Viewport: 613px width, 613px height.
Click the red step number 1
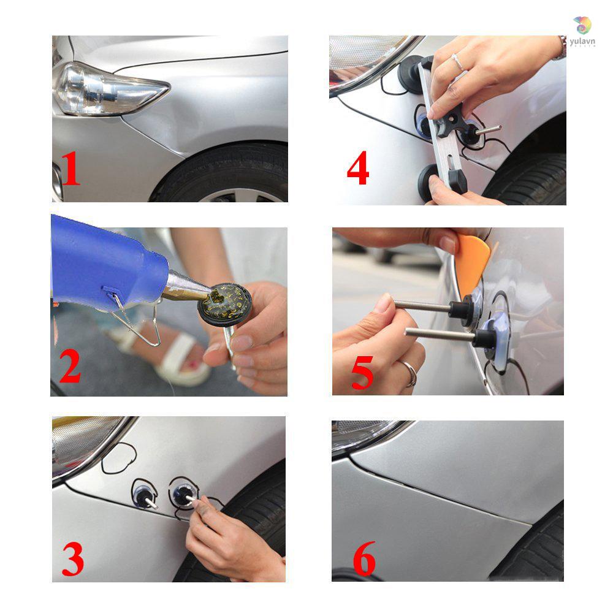point(71,170)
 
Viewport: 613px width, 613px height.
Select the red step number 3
point(73,560)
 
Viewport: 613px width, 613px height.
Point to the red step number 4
point(358,169)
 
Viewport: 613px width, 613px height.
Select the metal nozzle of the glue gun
point(184,288)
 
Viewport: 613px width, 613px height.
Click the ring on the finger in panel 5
point(410,373)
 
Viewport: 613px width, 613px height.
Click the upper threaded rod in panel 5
point(423,305)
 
